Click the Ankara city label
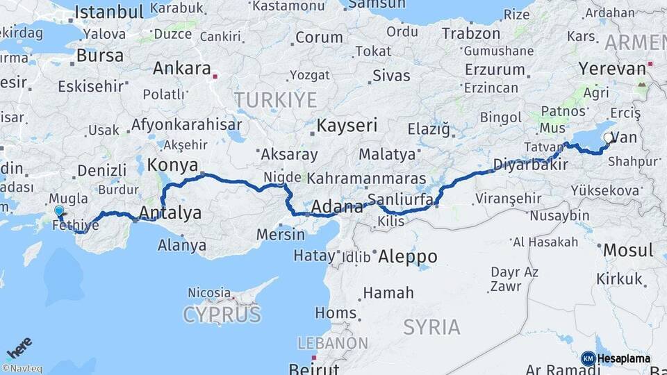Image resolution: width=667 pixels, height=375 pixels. click(181, 69)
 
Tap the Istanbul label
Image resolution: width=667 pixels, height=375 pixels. click(109, 11)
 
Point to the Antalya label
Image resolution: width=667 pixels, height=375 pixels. click(171, 212)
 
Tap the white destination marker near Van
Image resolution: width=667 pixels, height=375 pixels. click(609, 138)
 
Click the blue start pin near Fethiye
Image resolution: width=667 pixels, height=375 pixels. click(58, 211)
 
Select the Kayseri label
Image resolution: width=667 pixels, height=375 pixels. click(347, 126)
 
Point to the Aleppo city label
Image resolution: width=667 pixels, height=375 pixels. click(408, 256)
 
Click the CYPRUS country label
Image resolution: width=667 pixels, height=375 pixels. click(222, 315)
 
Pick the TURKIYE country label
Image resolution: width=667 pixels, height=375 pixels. click(275, 100)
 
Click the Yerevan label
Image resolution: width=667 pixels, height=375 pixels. click(612, 69)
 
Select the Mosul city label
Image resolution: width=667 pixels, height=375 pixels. click(628, 250)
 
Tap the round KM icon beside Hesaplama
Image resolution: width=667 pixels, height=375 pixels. click(588, 358)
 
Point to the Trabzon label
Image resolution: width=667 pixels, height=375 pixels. click(470, 33)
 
